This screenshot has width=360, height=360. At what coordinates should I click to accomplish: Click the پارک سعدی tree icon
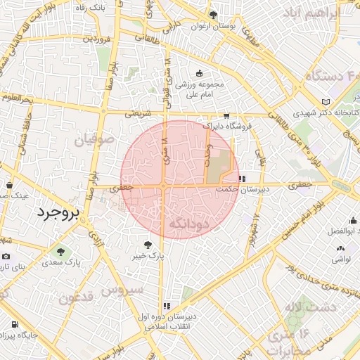[60, 251]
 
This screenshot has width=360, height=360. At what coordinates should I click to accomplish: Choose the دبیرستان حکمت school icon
[242, 179]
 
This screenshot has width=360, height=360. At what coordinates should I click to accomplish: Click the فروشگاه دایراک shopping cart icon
[226, 117]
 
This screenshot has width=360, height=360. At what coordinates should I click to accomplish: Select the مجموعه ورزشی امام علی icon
[199, 73]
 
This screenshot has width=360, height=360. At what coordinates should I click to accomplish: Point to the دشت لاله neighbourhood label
[303, 307]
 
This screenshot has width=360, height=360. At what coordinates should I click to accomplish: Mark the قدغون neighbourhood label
[79, 298]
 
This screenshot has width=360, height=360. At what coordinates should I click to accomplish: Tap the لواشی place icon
[342, 247]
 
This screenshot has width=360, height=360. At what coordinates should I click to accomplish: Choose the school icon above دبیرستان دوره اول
[167, 306]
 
